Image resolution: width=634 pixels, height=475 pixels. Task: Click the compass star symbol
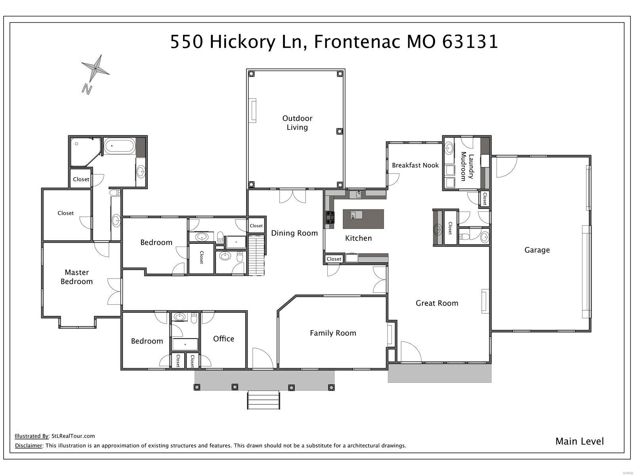(x=95, y=69)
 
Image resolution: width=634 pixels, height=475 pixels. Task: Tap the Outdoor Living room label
(x=297, y=123)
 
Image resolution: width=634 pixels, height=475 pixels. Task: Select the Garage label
(x=537, y=250)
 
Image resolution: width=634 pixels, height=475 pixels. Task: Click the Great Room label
(x=437, y=303)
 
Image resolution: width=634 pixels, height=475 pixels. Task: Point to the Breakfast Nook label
(x=415, y=165)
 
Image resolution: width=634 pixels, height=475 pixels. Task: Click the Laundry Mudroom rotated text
(x=467, y=167)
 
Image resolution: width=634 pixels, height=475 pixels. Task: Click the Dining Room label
(x=294, y=233)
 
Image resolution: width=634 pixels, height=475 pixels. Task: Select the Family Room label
(x=333, y=333)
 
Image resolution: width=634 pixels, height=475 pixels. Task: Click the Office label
(x=223, y=339)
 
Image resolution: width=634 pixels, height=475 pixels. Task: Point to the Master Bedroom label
(x=76, y=277)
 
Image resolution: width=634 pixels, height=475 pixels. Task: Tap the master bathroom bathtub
(x=119, y=146)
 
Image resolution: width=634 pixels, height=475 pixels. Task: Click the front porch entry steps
(x=264, y=400)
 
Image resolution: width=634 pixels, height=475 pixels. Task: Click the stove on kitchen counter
(x=330, y=218)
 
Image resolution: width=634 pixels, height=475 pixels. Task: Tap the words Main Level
(x=579, y=441)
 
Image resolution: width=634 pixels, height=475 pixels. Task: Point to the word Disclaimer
(x=28, y=446)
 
